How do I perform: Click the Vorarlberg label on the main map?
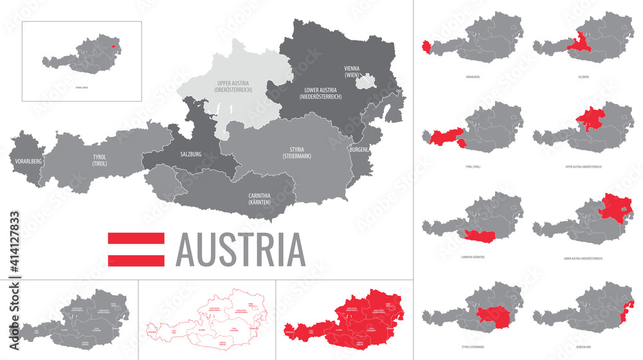click(x=26, y=161)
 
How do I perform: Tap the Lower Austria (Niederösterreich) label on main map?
click(x=320, y=93)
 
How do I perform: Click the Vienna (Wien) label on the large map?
click(x=352, y=71)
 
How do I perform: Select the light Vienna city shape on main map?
click(x=367, y=81)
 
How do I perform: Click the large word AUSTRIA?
click(x=240, y=249)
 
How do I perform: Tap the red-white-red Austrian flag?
click(x=136, y=249)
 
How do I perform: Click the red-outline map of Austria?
click(x=207, y=319)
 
